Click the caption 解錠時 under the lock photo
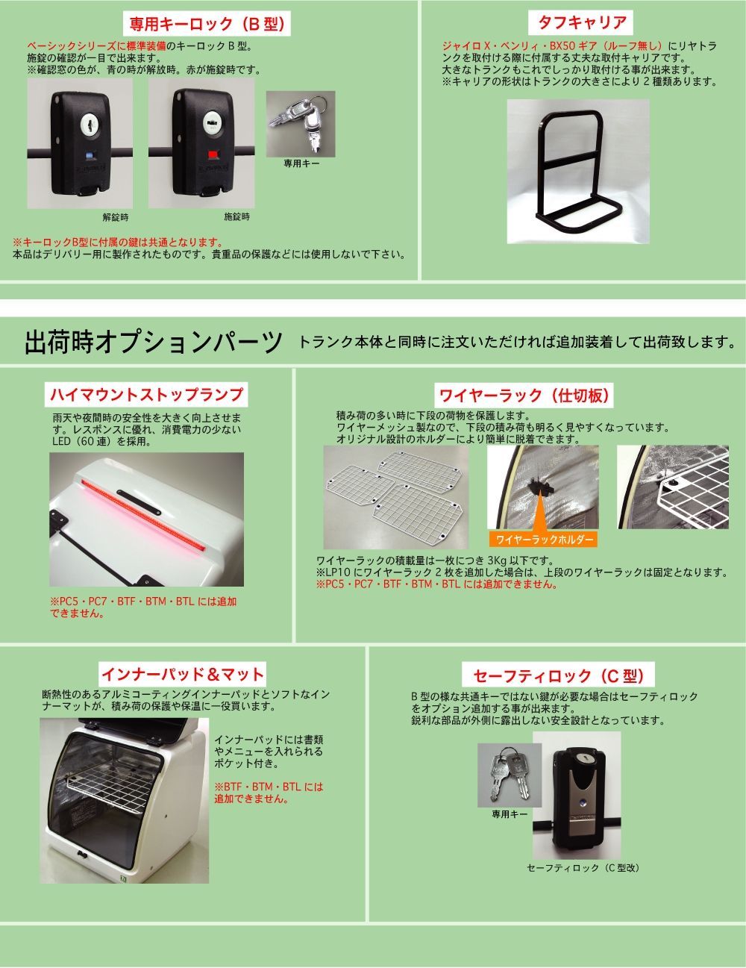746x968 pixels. [115, 217]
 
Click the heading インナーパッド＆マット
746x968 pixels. [183, 674]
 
